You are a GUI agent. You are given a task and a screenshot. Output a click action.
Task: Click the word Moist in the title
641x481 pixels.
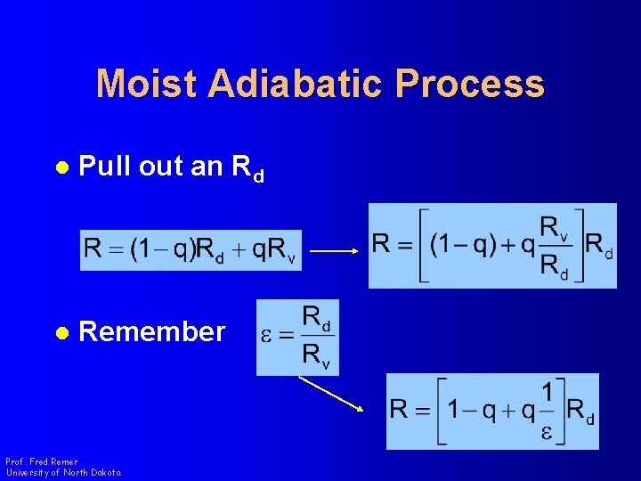pyautogui.click(x=146, y=84)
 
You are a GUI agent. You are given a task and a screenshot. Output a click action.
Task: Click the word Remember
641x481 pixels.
pyautogui.click(x=152, y=332)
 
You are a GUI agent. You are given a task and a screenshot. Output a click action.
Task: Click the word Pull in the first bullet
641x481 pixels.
pyautogui.click(x=104, y=167)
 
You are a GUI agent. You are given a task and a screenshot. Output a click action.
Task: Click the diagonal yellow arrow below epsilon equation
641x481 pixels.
pyautogui.click(x=331, y=393)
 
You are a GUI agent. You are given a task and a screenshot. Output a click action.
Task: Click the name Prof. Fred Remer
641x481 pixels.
pyautogui.click(x=42, y=461)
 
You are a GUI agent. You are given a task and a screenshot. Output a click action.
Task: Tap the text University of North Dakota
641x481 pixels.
pyautogui.click(x=63, y=472)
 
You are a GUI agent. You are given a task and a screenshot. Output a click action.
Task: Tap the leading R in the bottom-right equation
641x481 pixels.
pyautogui.click(x=400, y=411)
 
